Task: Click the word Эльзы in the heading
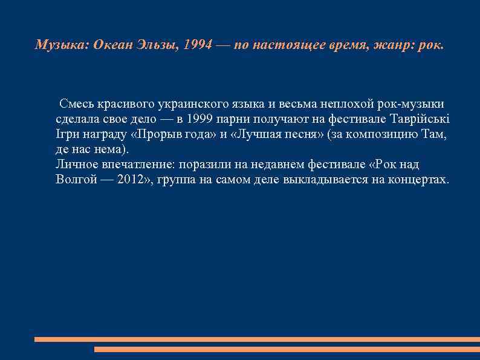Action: [155, 46]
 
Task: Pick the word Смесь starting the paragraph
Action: [77, 102]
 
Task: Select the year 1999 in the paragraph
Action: [200, 118]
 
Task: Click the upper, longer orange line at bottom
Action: [257, 339]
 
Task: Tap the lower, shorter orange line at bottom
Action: [287, 349]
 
